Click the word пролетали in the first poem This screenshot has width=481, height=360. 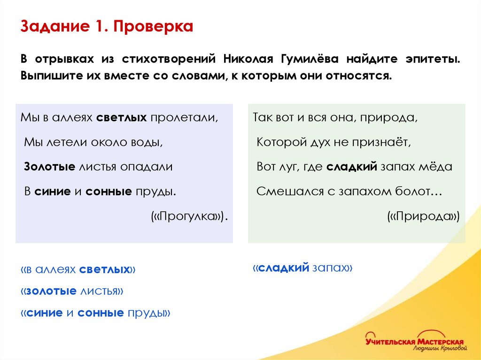(x=185, y=117)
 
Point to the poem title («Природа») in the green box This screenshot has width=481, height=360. (x=423, y=216)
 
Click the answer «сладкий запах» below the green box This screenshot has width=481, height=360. (x=303, y=268)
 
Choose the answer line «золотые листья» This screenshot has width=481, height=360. (x=72, y=291)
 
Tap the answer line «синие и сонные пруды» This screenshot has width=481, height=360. (x=95, y=313)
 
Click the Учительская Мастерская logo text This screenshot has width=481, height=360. (x=414, y=341)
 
